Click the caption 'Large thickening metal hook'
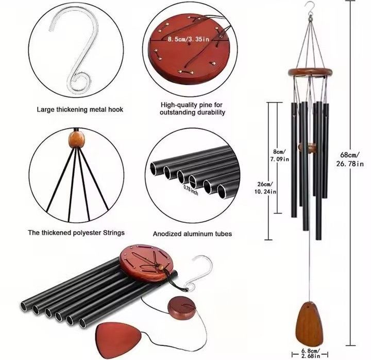point(80,109)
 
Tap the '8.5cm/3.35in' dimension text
point(189,39)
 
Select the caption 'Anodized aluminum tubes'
point(192,234)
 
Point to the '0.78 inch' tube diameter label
point(191,190)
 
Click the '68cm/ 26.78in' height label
point(350,159)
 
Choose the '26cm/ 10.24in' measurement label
point(265,188)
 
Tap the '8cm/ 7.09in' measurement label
point(280,155)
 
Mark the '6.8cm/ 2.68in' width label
point(311,353)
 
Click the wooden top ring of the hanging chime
point(310,72)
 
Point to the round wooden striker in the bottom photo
point(182,308)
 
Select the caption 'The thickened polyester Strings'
point(76,233)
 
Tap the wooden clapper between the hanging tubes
point(308,147)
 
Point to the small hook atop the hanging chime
point(310,9)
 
